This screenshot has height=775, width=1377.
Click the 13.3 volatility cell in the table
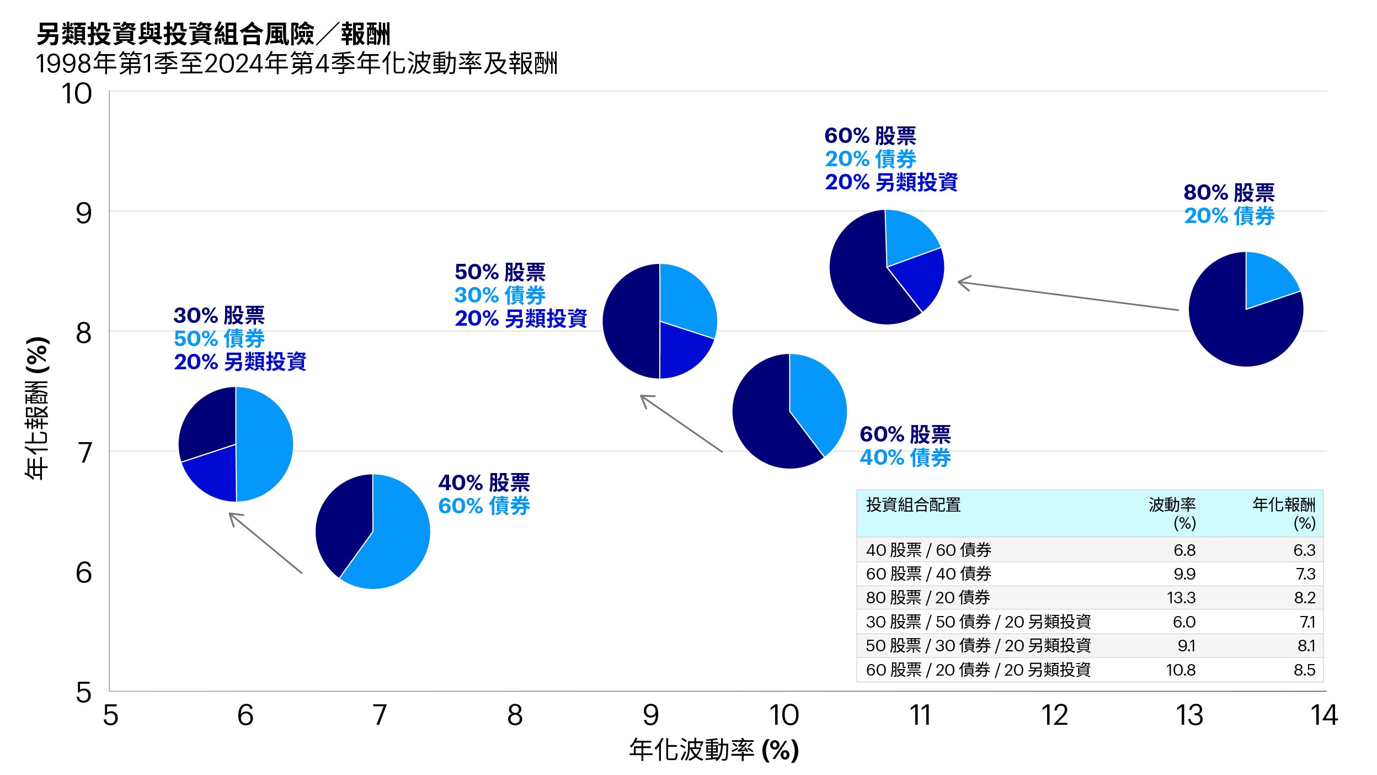pos(1181,597)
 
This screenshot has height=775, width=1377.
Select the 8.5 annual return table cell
pos(1304,670)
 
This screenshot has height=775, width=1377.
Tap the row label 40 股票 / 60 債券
pos(928,550)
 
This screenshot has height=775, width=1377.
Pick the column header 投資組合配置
pos(913,505)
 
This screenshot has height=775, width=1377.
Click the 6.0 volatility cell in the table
pos(1184,622)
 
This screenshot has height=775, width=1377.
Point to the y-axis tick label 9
pos(83,213)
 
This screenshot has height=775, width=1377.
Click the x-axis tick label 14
pos(1323,715)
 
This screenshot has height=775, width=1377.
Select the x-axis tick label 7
pos(380,715)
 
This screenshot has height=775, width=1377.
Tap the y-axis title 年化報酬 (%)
pos(38,408)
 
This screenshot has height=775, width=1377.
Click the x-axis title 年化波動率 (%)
pos(714,750)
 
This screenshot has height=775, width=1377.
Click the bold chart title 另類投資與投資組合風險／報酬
pos(213,34)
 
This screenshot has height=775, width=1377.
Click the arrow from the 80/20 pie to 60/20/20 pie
pos(1068,296)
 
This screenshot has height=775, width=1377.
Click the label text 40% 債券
pos(905,458)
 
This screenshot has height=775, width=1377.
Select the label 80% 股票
pos(1229,193)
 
